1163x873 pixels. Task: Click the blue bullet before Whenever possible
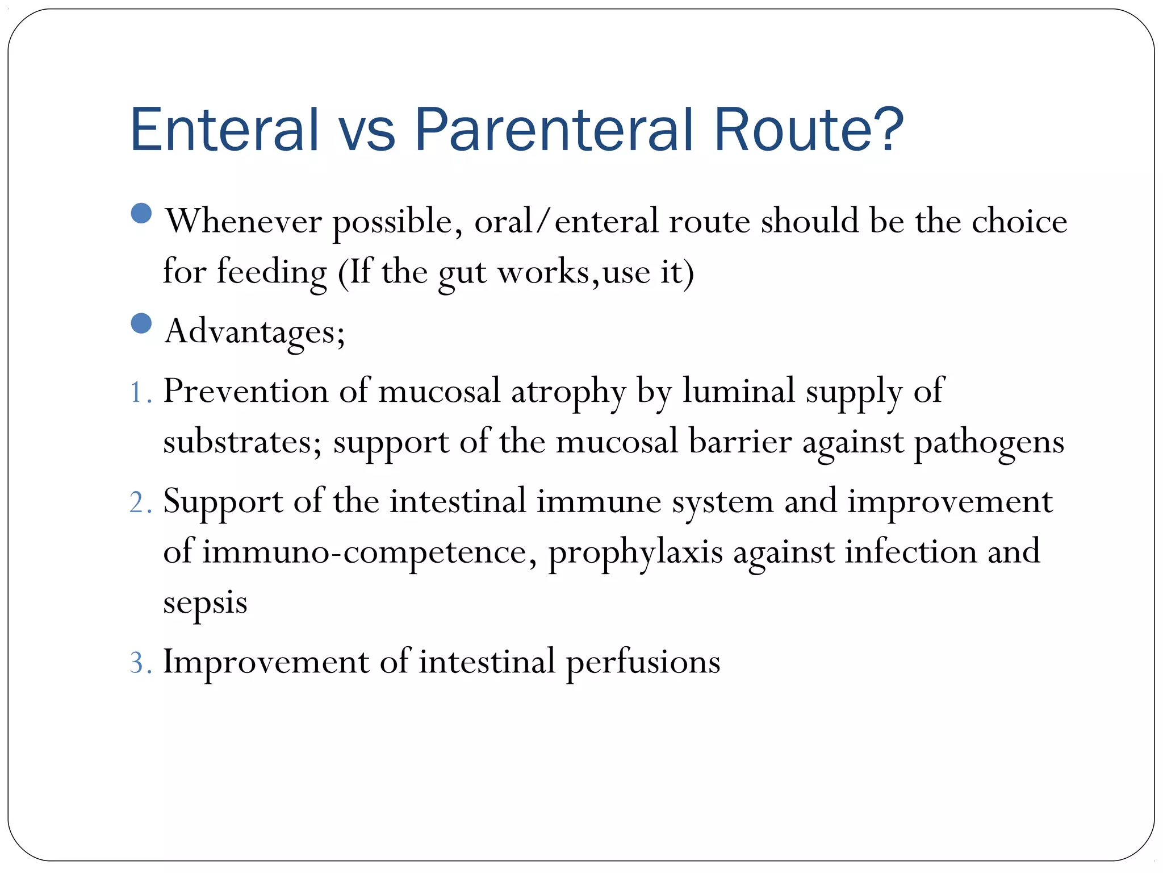pyautogui.click(x=141, y=214)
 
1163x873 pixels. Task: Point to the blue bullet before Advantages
pyautogui.click(x=141, y=323)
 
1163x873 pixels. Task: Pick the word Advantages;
pyautogui.click(x=254, y=331)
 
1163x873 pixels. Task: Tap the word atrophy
pyautogui.click(x=568, y=392)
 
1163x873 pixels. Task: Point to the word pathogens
pyautogui.click(x=989, y=443)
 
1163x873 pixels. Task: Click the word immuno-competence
pyautogui.click(x=364, y=552)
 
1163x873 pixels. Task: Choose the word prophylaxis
pyautogui.click(x=635, y=553)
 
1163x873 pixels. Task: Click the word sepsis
pyautogui.click(x=205, y=603)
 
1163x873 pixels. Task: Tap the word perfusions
pyautogui.click(x=643, y=663)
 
